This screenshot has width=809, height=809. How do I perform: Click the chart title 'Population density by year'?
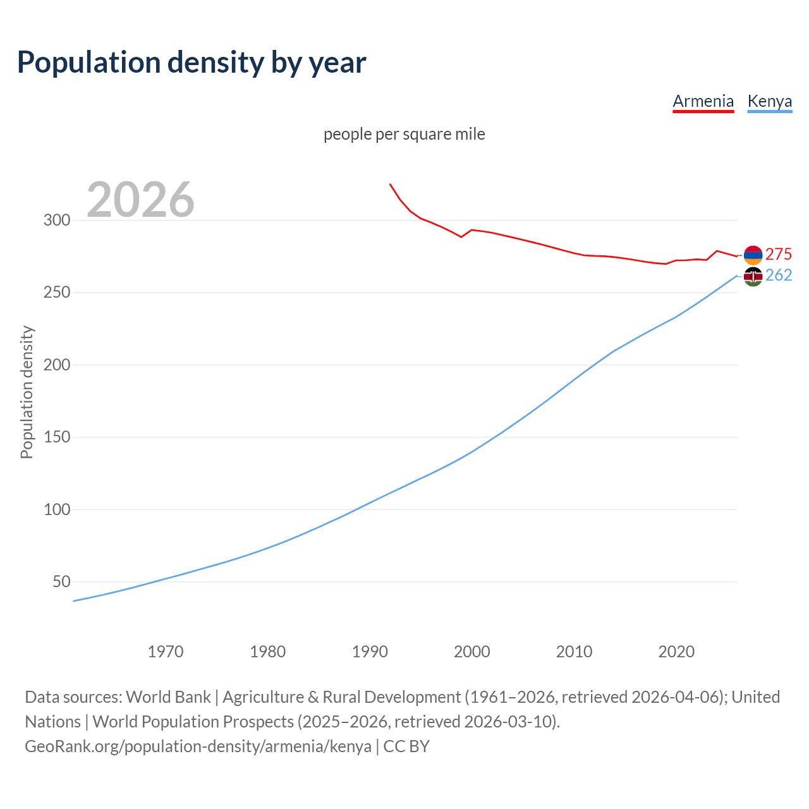pyautogui.click(x=192, y=63)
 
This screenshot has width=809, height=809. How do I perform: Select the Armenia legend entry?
pyautogui.click(x=703, y=101)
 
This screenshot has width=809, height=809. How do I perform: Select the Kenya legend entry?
pyautogui.click(x=769, y=101)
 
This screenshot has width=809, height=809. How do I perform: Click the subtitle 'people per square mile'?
pyautogui.click(x=404, y=135)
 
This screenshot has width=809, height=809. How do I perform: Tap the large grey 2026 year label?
pyautogui.click(x=140, y=200)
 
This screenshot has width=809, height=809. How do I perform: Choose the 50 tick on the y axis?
pyautogui.click(x=61, y=581)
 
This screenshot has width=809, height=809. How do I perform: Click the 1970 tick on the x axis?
pyautogui.click(x=166, y=652)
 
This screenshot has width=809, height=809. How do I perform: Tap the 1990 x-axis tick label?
pyautogui.click(x=370, y=652)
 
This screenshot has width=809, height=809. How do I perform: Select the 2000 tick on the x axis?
pyautogui.click(x=472, y=652)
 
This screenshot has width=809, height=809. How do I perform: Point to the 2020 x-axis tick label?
pyautogui.click(x=676, y=652)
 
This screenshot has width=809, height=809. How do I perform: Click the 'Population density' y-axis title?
pyautogui.click(x=27, y=392)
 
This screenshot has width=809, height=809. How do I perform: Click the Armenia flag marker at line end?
pyautogui.click(x=753, y=255)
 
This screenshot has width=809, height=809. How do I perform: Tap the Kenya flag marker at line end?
pyautogui.click(x=753, y=276)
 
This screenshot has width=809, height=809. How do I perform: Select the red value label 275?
pyautogui.click(x=779, y=254)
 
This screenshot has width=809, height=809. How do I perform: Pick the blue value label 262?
pyautogui.click(x=779, y=276)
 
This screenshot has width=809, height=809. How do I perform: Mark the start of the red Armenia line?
pyautogui.click(x=390, y=184)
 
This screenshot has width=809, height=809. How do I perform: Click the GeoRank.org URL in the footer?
pyautogui.click(x=198, y=746)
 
